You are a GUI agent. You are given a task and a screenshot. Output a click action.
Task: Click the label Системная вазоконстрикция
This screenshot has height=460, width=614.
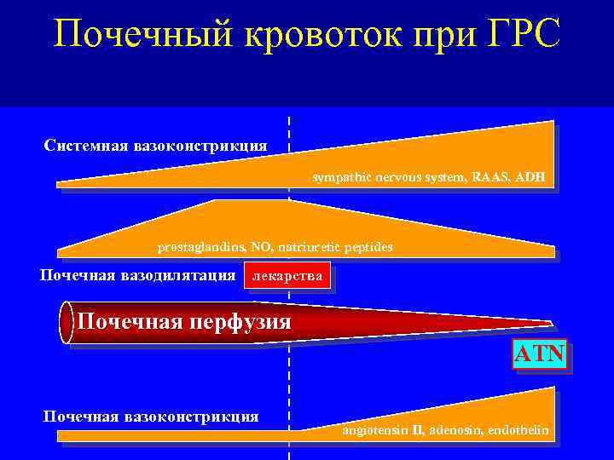click(x=155, y=146)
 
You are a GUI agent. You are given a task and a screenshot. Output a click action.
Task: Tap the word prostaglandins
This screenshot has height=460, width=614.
click(x=200, y=247)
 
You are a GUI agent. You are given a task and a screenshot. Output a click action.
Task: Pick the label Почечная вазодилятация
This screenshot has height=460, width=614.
click(x=138, y=275)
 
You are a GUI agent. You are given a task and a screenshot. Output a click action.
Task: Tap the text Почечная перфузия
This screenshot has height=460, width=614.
click(x=184, y=322)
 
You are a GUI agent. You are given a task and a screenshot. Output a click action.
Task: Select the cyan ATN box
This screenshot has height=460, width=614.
click(x=539, y=354)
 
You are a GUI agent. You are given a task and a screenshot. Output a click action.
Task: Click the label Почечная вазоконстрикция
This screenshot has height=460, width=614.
click(x=151, y=417)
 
